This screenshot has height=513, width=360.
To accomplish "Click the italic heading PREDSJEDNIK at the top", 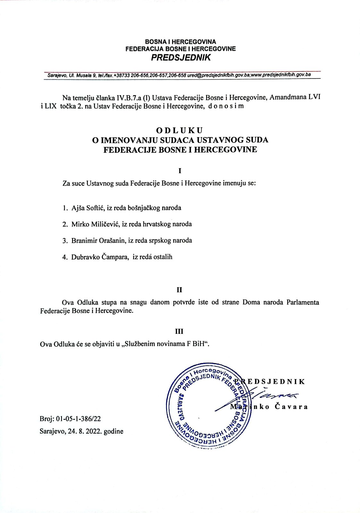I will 181,58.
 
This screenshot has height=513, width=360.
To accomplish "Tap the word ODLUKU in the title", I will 180,130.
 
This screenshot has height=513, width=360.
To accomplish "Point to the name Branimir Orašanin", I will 98,240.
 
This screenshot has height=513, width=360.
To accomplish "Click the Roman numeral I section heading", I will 180,171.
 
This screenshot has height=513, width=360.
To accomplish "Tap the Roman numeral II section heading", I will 180,290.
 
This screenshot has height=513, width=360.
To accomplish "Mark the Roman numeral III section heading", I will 180,332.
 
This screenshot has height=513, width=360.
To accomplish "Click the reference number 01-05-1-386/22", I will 78,419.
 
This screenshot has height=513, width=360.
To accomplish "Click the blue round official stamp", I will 208,405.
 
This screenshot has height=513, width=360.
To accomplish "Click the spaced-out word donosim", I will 226,106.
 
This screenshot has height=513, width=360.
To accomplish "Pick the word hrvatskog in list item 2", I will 156,224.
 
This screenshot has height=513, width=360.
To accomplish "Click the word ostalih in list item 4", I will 163,257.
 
